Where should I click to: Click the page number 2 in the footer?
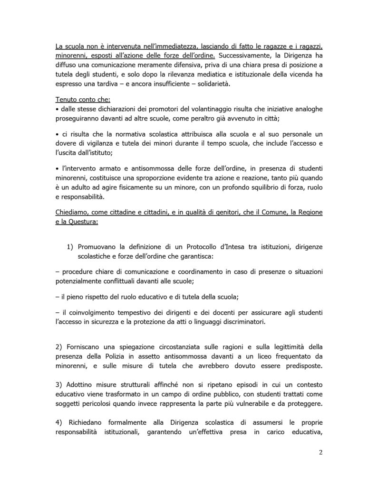click(320, 452)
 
